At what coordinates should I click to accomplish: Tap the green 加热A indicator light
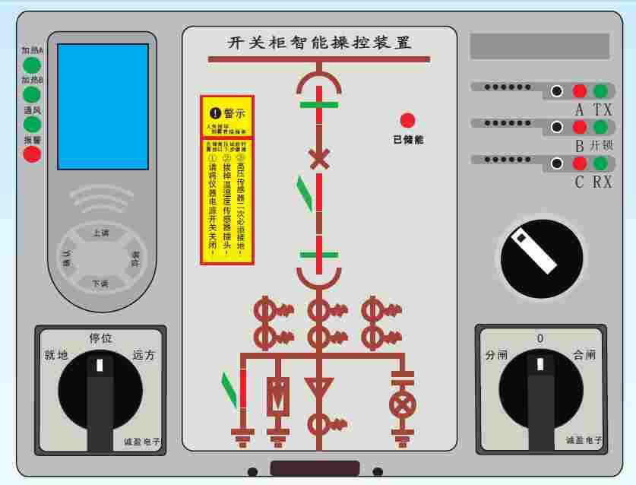coord(32,65)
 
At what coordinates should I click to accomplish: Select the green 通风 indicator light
coord(32,124)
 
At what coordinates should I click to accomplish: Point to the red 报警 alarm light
coord(32,154)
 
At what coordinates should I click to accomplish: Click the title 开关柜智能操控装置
coord(319,43)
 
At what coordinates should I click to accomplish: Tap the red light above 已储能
coord(408,120)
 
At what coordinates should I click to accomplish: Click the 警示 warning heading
coord(228,113)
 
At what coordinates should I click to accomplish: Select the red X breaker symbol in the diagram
coord(319,159)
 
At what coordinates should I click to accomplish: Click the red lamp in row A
coord(579,91)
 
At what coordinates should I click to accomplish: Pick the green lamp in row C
coord(600,163)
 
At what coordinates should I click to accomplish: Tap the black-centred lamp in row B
coord(557,127)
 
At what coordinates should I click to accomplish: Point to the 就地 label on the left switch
coord(57,355)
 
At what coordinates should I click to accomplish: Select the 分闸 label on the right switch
coord(497,355)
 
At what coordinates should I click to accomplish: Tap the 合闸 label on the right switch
coord(584,355)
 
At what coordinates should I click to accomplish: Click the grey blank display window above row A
coord(539,46)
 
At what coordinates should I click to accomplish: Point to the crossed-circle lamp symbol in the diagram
coord(401,404)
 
